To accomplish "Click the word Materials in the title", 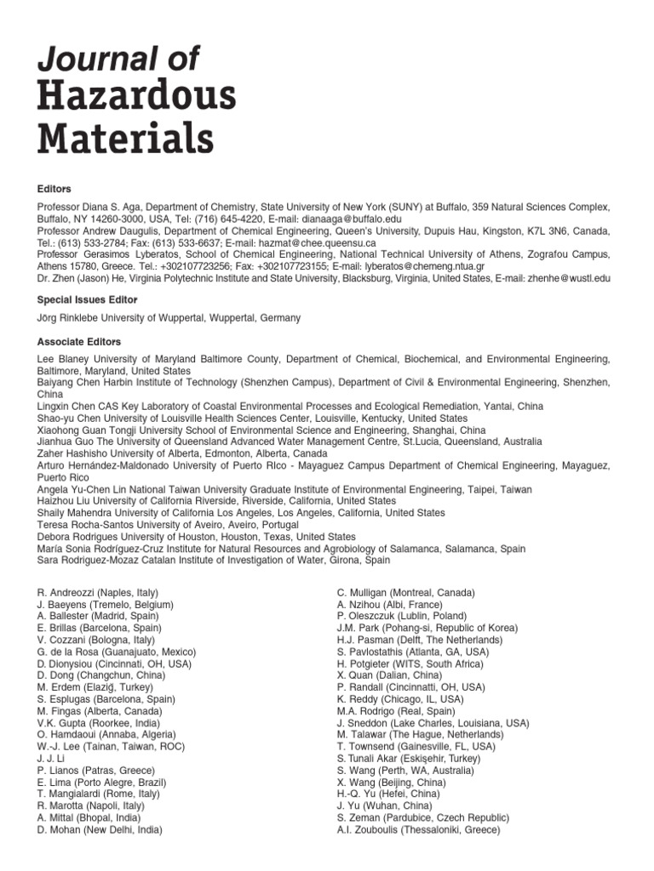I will [125, 137].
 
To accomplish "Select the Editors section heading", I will [54, 189].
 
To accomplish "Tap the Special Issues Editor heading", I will [88, 300].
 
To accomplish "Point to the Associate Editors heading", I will [78, 342].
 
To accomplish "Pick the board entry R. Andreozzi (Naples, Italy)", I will [97, 592].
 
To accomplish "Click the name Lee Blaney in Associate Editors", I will [64, 360].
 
